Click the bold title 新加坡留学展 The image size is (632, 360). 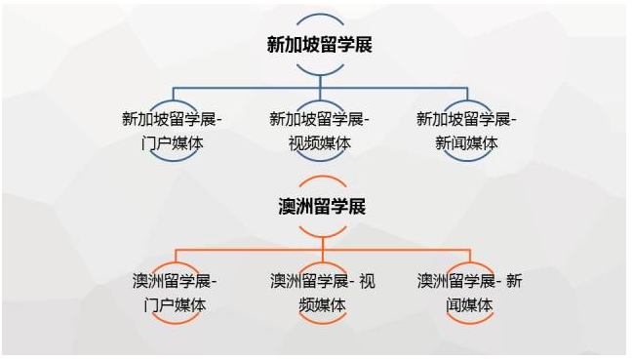click(x=320, y=44)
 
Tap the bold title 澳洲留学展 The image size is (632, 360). click(x=320, y=206)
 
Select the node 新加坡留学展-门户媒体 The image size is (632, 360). click(x=173, y=131)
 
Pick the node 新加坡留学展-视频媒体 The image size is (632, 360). click(x=320, y=131)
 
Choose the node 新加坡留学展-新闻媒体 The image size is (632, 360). click(x=466, y=131)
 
